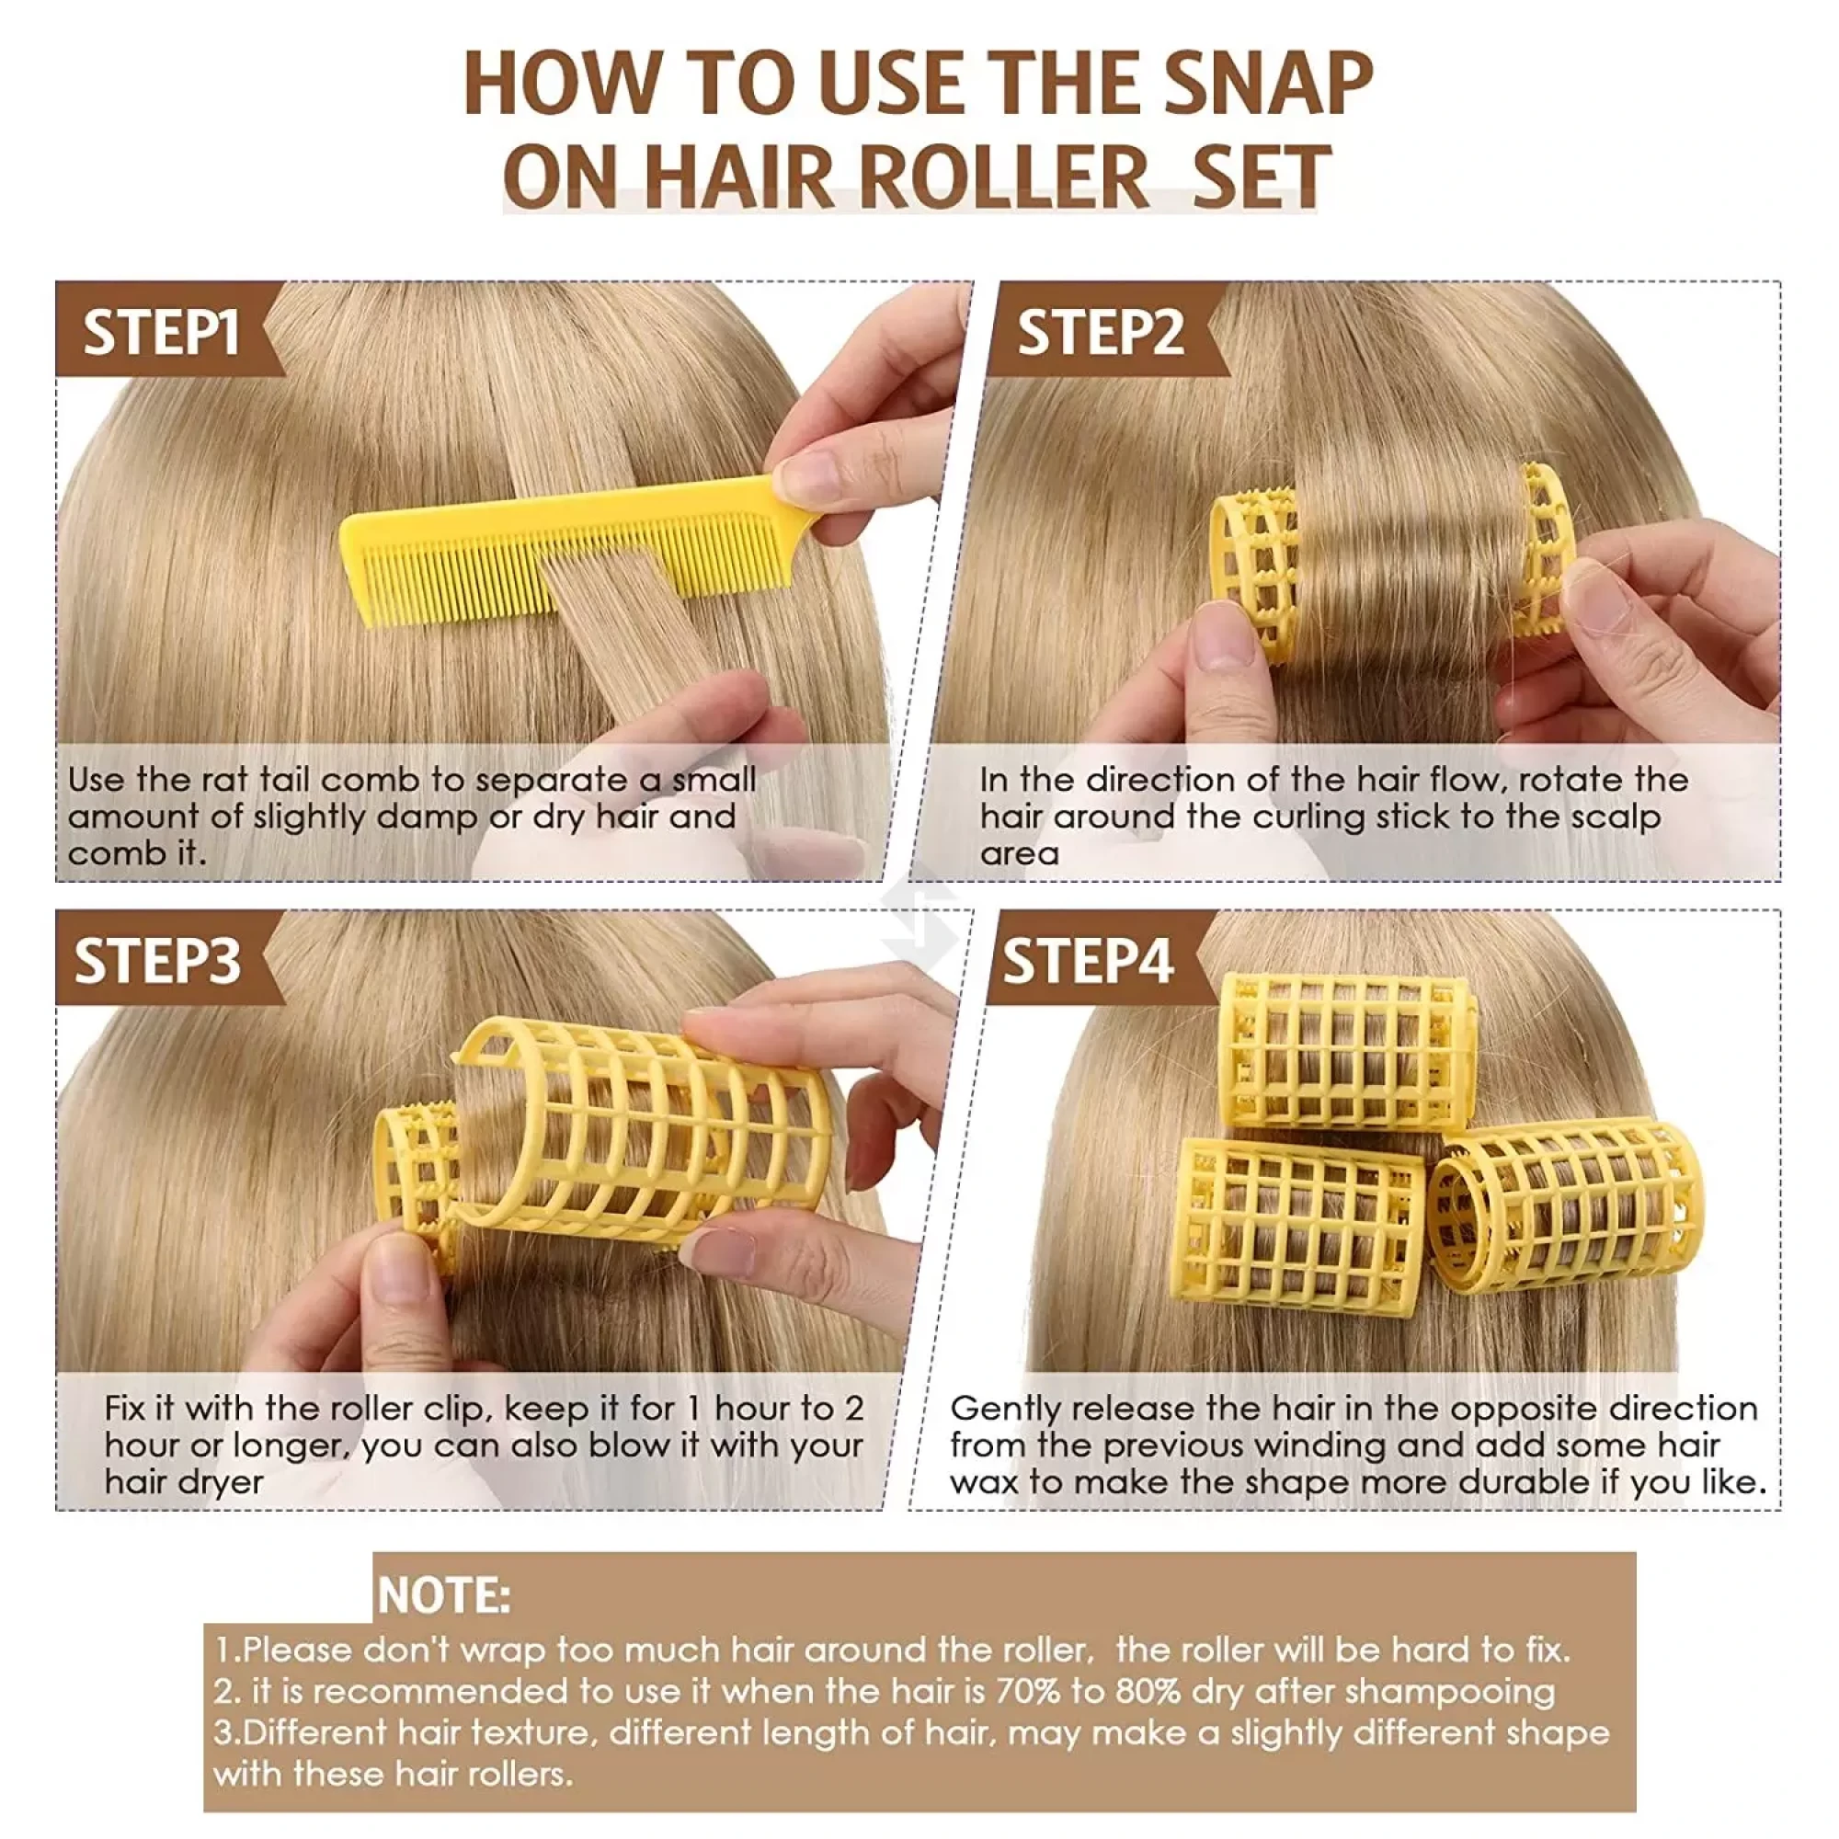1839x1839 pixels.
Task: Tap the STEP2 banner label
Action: click(x=1101, y=332)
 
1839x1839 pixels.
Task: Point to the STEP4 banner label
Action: click(x=1087, y=961)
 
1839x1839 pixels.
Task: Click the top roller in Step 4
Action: click(x=1347, y=1051)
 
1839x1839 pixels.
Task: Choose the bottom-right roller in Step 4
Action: click(x=1566, y=1208)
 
